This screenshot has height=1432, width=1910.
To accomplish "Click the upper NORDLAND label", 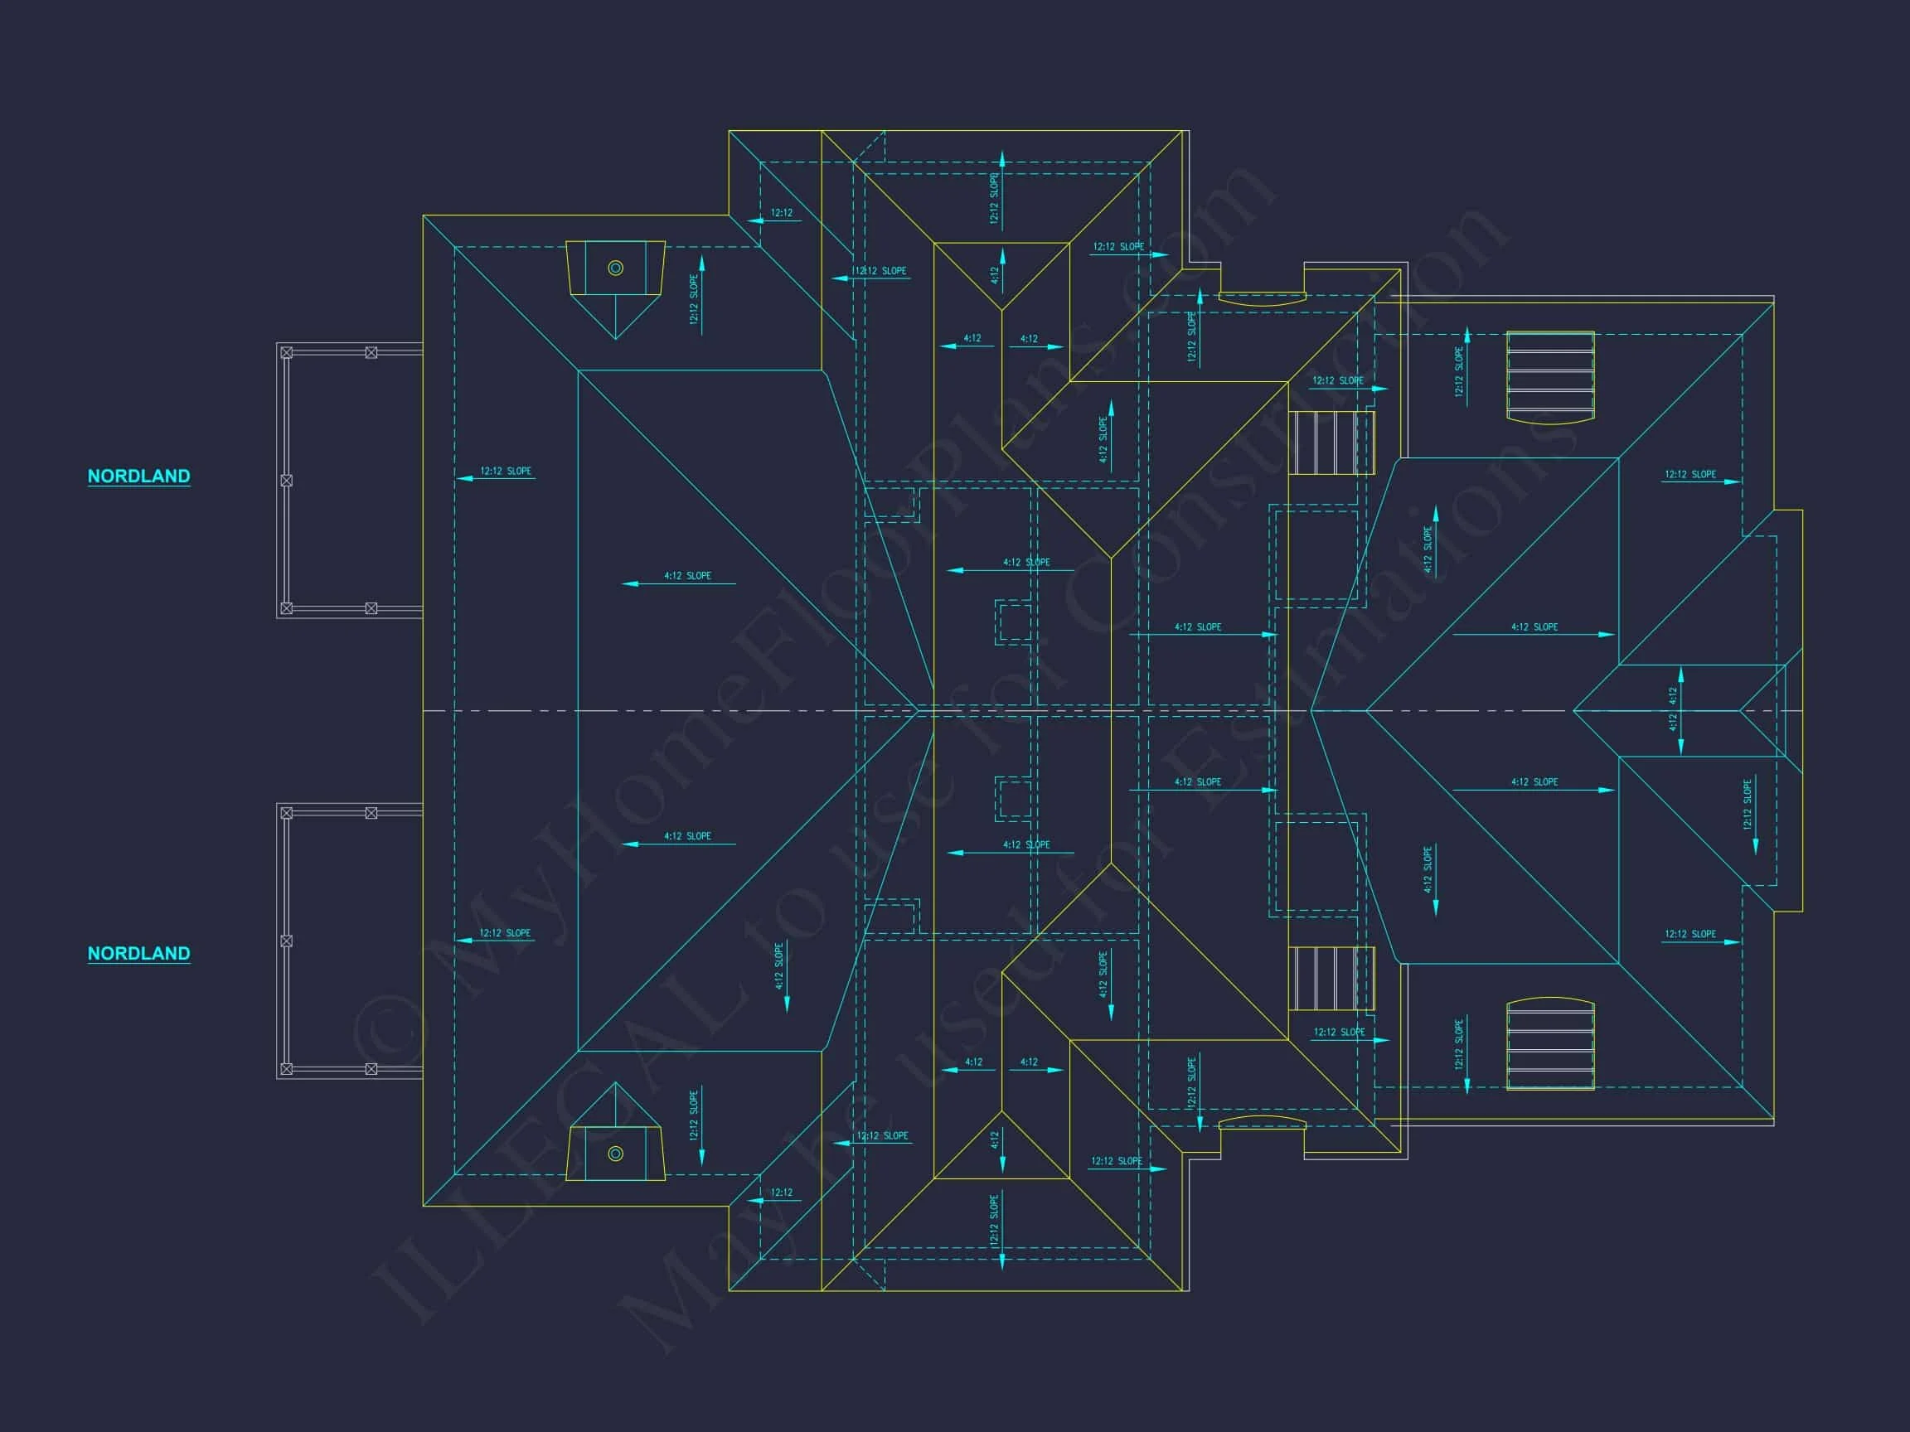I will (x=138, y=476).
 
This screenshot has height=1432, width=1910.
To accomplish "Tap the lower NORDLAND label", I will (x=138, y=953).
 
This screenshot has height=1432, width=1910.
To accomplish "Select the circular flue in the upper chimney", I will (x=616, y=268).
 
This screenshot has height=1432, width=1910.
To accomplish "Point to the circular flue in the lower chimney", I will (x=616, y=1154).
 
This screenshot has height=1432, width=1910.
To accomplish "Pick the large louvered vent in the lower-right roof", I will (x=1550, y=1043).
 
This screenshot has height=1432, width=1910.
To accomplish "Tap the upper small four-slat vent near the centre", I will (x=1331, y=443).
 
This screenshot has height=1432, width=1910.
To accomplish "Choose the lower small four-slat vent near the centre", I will (x=1331, y=978).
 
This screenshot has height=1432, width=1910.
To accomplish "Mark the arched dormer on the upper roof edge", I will (x=1262, y=298).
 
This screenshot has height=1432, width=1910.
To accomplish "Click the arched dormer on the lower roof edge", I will (x=1262, y=1122).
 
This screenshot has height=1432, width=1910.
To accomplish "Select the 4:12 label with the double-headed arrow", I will (x=1674, y=709).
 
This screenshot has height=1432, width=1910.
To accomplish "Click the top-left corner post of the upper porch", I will (x=287, y=352).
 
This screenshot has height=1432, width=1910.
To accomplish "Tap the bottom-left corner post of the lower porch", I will (x=287, y=1068).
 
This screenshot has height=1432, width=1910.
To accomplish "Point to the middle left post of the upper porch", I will (x=287, y=480).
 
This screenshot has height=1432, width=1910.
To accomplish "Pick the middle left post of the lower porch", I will (x=287, y=941).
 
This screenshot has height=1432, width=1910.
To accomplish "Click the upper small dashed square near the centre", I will (x=1014, y=622).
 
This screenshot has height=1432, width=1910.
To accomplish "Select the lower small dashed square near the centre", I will (x=1014, y=798).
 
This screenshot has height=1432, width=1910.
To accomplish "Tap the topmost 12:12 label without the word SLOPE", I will (x=782, y=212).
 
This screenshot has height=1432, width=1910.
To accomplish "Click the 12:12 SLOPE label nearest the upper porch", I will (x=505, y=472).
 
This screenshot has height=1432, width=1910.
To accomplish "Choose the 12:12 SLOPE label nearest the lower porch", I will (x=505, y=933).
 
